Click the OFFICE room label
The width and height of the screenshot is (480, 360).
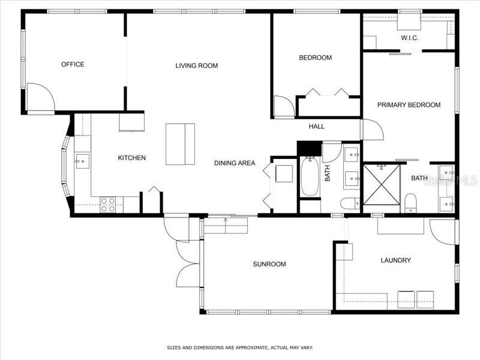click(x=73, y=64)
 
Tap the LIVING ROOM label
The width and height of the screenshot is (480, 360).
click(x=197, y=65)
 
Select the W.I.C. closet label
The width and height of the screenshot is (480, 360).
click(x=410, y=38)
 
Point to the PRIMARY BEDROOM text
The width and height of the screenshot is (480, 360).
click(x=409, y=104)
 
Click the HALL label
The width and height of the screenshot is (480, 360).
click(x=317, y=126)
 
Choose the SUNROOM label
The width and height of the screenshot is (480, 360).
click(x=269, y=264)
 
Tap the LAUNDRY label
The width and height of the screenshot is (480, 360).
click(x=396, y=260)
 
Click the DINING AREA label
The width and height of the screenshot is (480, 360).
click(x=235, y=163)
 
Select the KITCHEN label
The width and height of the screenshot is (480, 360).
click(x=131, y=158)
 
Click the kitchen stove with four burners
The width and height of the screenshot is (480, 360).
click(x=108, y=205)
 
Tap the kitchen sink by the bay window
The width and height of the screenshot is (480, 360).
click(x=82, y=161)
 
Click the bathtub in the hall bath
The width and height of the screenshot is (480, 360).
click(x=310, y=176)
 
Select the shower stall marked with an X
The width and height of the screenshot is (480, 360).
click(x=382, y=185)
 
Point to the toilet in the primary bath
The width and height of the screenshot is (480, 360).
click(x=410, y=203)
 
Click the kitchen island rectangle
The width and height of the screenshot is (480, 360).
click(x=181, y=144)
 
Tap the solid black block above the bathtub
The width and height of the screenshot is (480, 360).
click(x=309, y=148)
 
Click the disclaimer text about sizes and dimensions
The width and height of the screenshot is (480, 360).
click(x=239, y=347)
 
